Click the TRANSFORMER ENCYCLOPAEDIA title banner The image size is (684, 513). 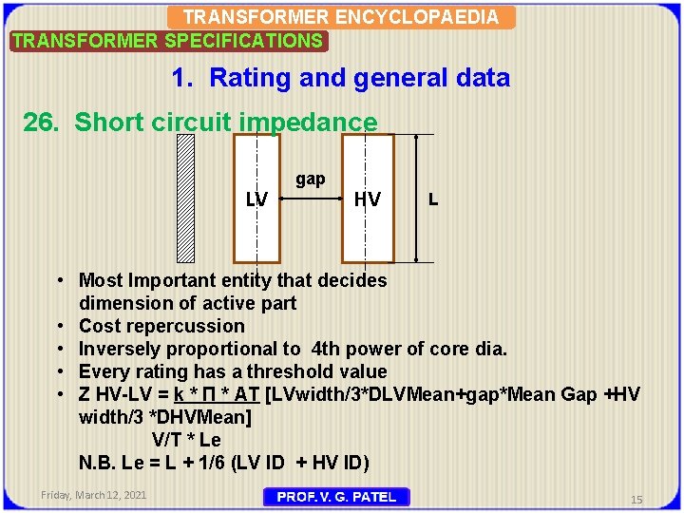(x=341, y=17)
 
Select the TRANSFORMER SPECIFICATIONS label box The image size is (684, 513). (x=167, y=41)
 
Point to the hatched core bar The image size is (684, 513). (x=186, y=198)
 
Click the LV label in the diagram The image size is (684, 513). (x=256, y=199)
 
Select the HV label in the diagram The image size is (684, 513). (x=367, y=199)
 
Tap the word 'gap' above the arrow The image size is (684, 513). (x=311, y=179)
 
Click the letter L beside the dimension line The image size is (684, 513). (x=433, y=199)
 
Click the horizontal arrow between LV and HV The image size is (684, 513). (x=310, y=199)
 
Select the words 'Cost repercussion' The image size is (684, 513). (x=161, y=326)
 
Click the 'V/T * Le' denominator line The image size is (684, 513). (x=187, y=440)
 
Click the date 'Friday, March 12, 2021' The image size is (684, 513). (x=94, y=495)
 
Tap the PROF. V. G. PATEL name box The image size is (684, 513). (x=337, y=496)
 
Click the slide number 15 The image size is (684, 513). (x=637, y=499)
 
